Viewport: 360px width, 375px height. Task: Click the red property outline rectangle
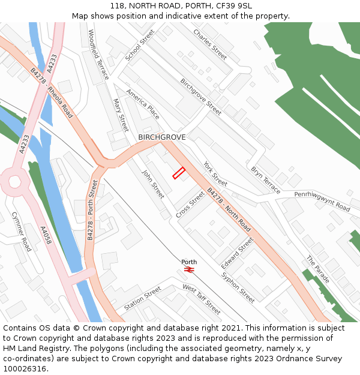tap(179, 173)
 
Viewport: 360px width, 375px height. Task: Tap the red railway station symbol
tap(189, 270)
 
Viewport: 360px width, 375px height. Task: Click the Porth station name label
tap(189, 262)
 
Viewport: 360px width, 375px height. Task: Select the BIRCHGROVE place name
tap(162, 137)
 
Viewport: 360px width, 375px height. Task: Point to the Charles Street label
tap(210, 44)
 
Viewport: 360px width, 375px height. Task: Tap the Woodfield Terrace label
tap(98, 55)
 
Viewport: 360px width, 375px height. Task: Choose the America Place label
tap(143, 104)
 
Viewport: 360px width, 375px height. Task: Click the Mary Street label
tap(121, 115)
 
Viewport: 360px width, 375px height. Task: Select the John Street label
tap(153, 184)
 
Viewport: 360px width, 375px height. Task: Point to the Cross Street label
tap(191, 205)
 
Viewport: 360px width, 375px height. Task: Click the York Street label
tap(215, 173)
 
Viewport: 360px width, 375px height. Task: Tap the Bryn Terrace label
tap(266, 180)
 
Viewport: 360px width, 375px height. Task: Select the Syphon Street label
tap(238, 287)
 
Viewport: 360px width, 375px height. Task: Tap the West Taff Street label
tap(202, 299)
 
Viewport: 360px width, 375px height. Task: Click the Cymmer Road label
tap(22, 236)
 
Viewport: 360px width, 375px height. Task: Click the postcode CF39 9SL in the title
tap(236, 6)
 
